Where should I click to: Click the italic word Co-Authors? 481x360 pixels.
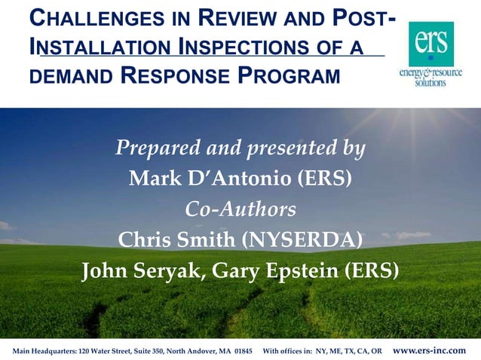point(240,209)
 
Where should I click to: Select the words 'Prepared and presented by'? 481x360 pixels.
point(240,148)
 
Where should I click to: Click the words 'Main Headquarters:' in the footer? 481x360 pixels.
point(40,352)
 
